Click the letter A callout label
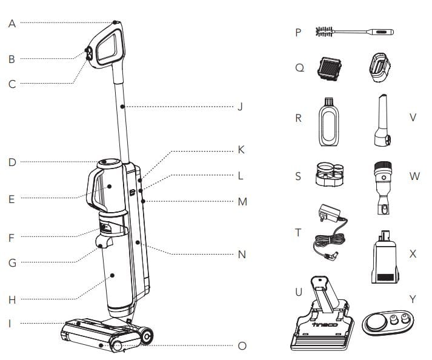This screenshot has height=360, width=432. [12, 24]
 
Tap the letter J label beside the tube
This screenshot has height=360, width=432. [241, 107]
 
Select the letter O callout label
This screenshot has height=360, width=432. [242, 345]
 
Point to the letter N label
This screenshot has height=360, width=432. [242, 254]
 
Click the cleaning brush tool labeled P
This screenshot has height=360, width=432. [354, 32]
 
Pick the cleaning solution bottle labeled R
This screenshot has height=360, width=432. [328, 122]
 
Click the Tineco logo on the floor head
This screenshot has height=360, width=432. [325, 324]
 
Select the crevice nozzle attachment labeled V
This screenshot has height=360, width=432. [382, 120]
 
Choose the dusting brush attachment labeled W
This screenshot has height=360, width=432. [384, 188]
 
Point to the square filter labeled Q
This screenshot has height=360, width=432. [330, 68]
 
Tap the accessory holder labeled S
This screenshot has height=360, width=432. [330, 174]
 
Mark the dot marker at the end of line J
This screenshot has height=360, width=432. [122, 107]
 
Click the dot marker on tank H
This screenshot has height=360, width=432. [113, 275]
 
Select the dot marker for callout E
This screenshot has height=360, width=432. [110, 187]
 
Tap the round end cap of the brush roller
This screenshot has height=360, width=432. [118, 346]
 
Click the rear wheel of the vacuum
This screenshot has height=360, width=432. [147, 336]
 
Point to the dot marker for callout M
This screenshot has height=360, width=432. [143, 201]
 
